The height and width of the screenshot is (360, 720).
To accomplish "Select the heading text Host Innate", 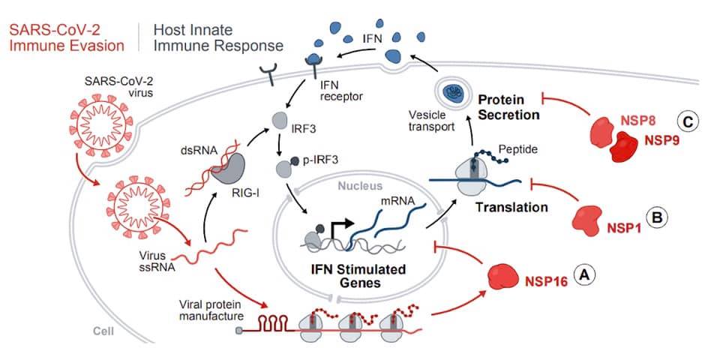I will tap(193, 30).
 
